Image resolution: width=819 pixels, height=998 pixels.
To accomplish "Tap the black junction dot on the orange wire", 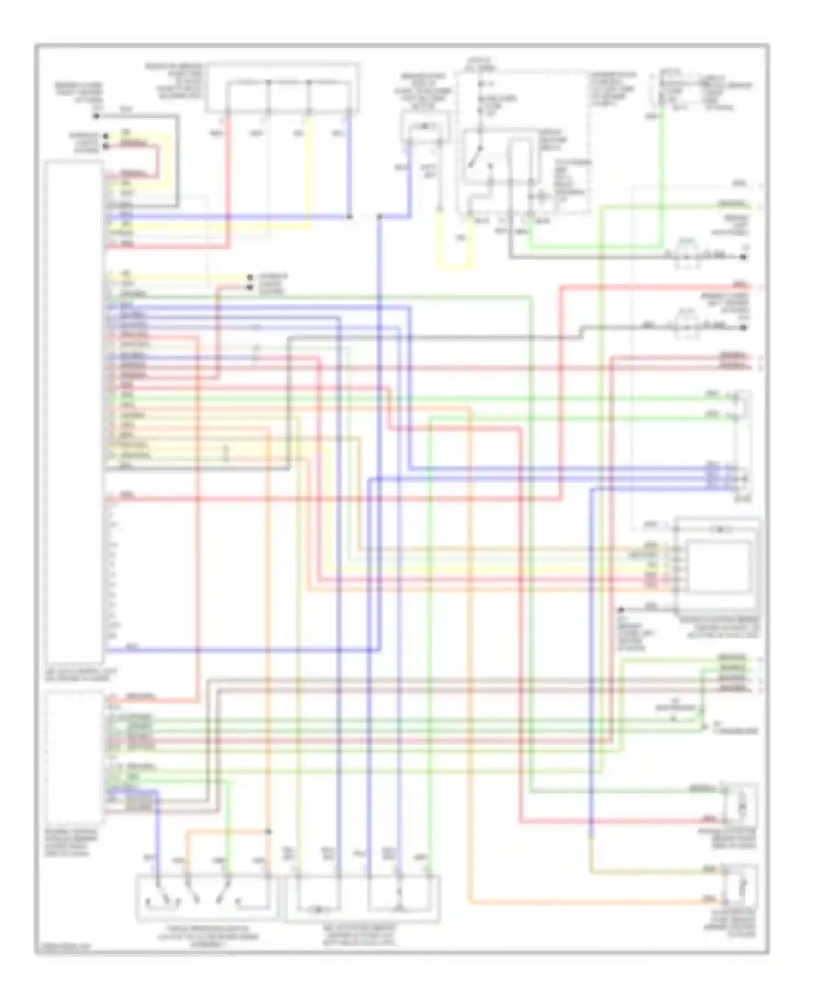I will [x=269, y=831].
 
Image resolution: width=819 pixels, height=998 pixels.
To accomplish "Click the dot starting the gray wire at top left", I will [x=97, y=116].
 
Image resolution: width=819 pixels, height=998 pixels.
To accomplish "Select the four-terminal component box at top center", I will [x=283, y=87].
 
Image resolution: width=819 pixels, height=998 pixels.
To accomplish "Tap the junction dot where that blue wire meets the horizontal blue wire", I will [x=349, y=217].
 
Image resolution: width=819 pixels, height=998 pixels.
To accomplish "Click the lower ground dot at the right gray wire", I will [x=744, y=328].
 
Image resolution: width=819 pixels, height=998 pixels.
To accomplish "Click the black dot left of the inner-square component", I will [x=621, y=609].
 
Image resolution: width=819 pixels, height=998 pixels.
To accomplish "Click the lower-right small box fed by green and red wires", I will [x=740, y=806].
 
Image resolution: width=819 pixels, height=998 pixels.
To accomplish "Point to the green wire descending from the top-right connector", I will [x=662, y=175].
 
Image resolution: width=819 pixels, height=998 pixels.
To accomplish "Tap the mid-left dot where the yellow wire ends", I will [x=250, y=277].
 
